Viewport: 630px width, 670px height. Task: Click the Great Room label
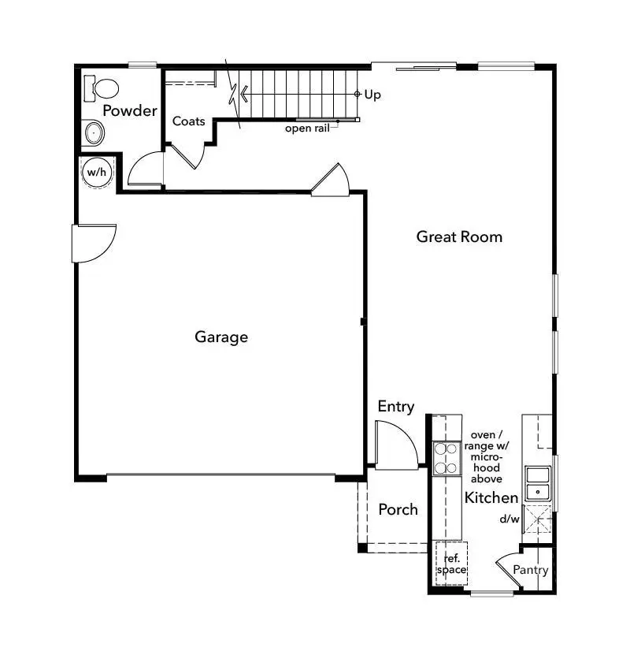tap(459, 236)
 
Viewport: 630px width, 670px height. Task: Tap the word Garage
tap(221, 337)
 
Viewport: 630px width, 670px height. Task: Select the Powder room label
tap(130, 110)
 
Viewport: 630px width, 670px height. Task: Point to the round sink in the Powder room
tap(94, 133)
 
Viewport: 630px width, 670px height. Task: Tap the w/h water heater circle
tap(96, 172)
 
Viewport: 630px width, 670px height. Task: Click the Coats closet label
tap(189, 121)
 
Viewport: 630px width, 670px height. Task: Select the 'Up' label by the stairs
tap(372, 95)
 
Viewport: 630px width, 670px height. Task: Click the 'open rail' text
tap(307, 128)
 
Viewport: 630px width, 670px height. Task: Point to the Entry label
tap(395, 407)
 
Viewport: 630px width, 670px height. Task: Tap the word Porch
tap(398, 509)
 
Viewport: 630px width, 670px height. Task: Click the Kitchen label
tap(491, 497)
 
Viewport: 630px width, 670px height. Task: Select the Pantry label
tap(530, 570)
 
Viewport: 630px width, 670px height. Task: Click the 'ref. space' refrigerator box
tap(451, 564)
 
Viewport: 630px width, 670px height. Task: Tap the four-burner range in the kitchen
tap(447, 458)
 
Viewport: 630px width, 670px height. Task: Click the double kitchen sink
tap(539, 483)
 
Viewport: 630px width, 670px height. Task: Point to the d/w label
tap(510, 519)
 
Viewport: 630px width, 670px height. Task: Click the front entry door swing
tap(395, 445)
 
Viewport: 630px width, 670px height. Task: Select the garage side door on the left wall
tap(93, 243)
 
